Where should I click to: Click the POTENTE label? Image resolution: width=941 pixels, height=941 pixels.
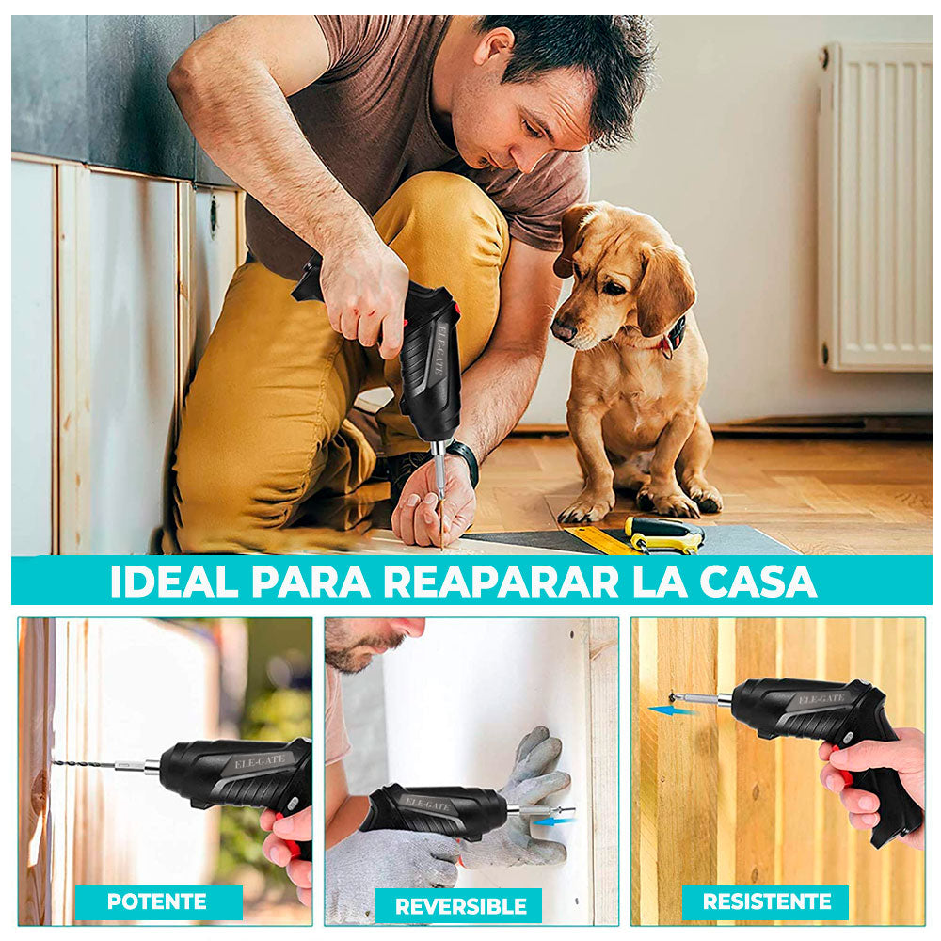pyautogui.click(x=158, y=901)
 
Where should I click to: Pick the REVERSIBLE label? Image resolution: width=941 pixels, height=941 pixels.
pyautogui.click(x=460, y=906)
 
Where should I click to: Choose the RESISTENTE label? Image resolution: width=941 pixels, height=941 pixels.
pyautogui.click(x=766, y=901)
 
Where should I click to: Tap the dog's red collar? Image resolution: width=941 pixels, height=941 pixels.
pyautogui.click(x=670, y=339)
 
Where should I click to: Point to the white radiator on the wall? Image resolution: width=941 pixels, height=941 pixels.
pyautogui.click(x=875, y=207)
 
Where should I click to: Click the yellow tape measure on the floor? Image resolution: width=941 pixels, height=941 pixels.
pyautogui.click(x=663, y=535)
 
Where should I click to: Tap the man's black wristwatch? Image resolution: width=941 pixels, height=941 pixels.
pyautogui.click(x=464, y=458)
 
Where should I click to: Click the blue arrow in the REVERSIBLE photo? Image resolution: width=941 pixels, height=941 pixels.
pyautogui.click(x=552, y=821)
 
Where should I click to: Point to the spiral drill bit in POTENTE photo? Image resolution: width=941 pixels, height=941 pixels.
pyautogui.click(x=85, y=763)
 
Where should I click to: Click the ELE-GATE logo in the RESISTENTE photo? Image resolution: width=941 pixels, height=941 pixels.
pyautogui.click(x=821, y=699)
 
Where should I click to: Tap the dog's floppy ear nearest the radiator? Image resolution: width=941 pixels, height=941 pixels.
pyautogui.click(x=665, y=287)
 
